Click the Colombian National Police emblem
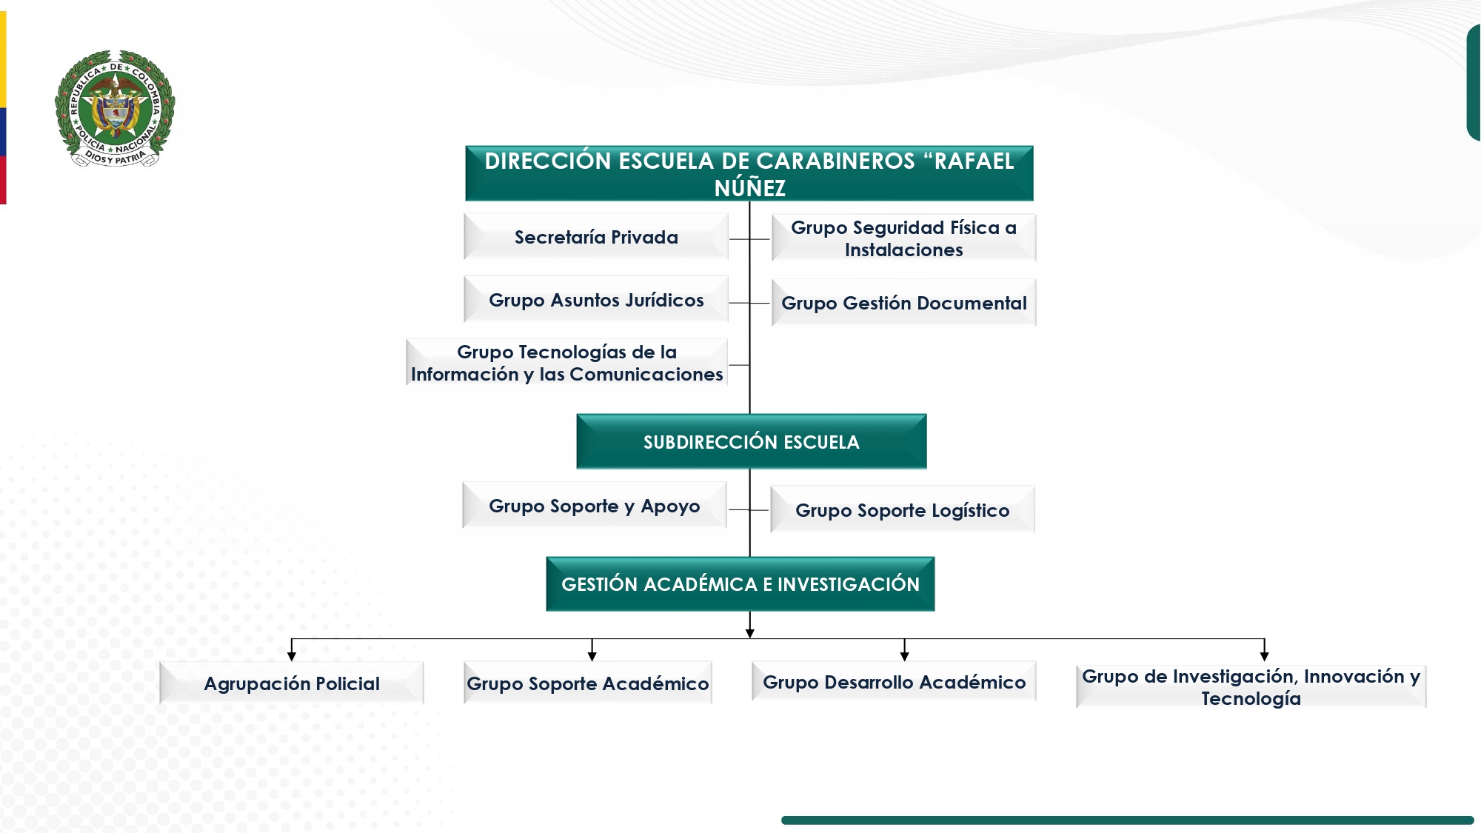[115, 108]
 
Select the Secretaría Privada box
[596, 237]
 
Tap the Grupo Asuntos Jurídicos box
[596, 300]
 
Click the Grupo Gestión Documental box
[903, 303]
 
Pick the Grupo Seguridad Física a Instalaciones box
[903, 238]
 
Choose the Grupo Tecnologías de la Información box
[567, 363]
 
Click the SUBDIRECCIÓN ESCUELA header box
[751, 442]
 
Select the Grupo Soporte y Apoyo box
[594, 506]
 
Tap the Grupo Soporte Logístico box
[902, 510]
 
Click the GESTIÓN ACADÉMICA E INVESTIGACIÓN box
[740, 584]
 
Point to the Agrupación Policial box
[292, 683]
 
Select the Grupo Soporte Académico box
[588, 683]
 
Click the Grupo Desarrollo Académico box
[894, 682]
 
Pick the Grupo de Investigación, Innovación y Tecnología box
[1251, 687]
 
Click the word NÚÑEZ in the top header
[749, 189]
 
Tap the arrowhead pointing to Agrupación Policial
[292, 656]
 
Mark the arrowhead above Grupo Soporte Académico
[592, 656]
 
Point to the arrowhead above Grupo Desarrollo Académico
[904, 656]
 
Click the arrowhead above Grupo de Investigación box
[1264, 656]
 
